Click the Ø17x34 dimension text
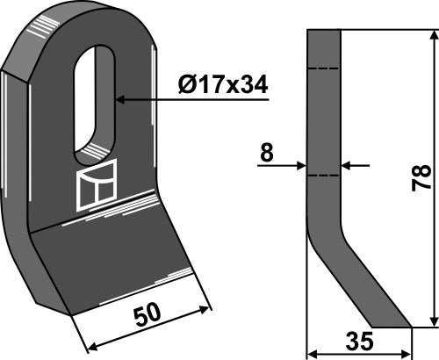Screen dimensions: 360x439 223,86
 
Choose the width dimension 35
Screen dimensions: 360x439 360,342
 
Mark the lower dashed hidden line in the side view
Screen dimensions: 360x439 324,176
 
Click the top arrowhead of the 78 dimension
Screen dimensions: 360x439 431,36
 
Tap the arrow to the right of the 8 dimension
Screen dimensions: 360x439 349,164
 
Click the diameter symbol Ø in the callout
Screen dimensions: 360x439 190,86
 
